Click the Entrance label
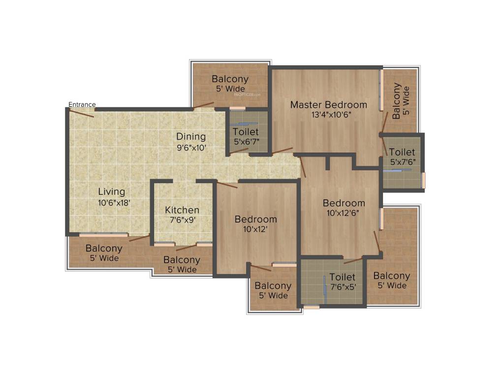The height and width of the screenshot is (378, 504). [x=82, y=104]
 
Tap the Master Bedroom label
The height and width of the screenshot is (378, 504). [x=328, y=105]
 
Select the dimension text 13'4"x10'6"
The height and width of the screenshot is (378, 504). [x=328, y=115]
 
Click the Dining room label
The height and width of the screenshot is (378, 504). [x=191, y=137]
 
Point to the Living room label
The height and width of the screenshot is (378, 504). [x=111, y=191]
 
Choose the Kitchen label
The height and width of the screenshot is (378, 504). [x=182, y=210]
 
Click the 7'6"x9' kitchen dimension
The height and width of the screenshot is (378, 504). [x=182, y=220]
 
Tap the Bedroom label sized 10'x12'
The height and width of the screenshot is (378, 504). [x=255, y=219]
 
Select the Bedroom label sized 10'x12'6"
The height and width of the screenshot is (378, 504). [x=344, y=203]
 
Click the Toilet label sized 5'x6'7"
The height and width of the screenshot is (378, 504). [x=246, y=132]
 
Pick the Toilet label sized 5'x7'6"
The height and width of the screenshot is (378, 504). [x=402, y=152]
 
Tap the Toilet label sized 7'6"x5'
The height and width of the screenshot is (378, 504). [x=343, y=277]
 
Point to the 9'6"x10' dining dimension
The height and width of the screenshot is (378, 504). [x=191, y=147]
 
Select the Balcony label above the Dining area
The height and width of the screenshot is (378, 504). [x=230, y=79]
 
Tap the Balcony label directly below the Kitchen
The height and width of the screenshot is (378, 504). [x=182, y=260]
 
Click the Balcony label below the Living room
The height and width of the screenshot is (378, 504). [x=103, y=249]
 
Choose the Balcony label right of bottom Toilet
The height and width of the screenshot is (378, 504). [x=391, y=276]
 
